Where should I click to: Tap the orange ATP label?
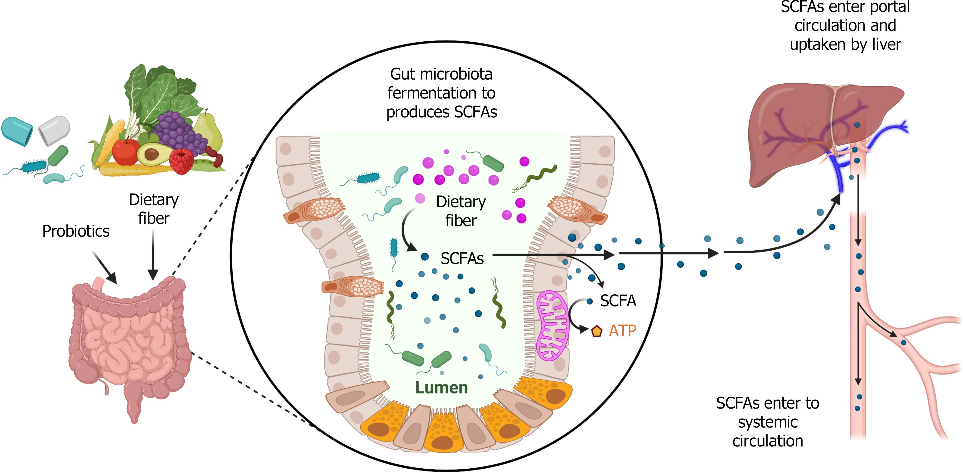click(x=622, y=331)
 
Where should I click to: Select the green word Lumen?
click(x=441, y=388)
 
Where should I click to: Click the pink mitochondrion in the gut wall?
click(x=552, y=326)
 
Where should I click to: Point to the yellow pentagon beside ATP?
click(x=596, y=331)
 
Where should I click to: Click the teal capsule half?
click(x=17, y=131)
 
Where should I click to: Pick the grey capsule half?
click(x=55, y=130)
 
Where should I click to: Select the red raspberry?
click(x=182, y=161)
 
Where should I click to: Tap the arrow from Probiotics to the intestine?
click(x=105, y=268)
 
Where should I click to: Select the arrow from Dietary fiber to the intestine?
click(x=153, y=254)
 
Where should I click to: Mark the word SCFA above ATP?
click(x=618, y=301)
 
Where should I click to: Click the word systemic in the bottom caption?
click(x=768, y=422)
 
